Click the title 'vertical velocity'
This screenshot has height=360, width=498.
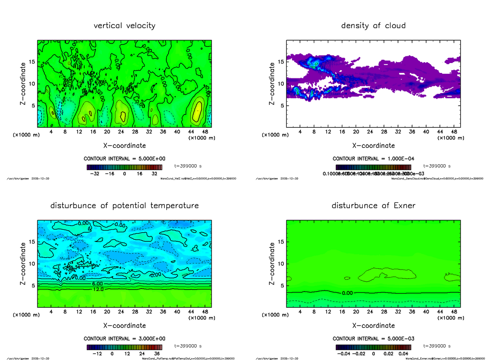click(124, 26)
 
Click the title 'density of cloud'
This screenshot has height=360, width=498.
click(373, 26)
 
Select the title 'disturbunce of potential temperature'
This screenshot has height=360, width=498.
click(124, 206)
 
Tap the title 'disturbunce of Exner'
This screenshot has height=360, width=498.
click(373, 206)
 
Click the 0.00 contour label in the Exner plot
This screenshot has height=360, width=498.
click(347, 293)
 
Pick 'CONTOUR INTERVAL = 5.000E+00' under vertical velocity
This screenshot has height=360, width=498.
click(124, 159)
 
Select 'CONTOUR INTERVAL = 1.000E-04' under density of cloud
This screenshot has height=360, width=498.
click(373, 159)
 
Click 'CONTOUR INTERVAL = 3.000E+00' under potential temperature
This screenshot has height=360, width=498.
click(124, 339)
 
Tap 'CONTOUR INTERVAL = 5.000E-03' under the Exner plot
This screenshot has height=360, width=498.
click(373, 339)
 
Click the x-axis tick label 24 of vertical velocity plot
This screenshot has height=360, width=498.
click(121, 132)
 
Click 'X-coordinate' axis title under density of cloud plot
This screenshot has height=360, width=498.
click(373, 146)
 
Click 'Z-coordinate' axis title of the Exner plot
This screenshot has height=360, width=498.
click(272, 263)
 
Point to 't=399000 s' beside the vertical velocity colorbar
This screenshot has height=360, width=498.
click(188, 166)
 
